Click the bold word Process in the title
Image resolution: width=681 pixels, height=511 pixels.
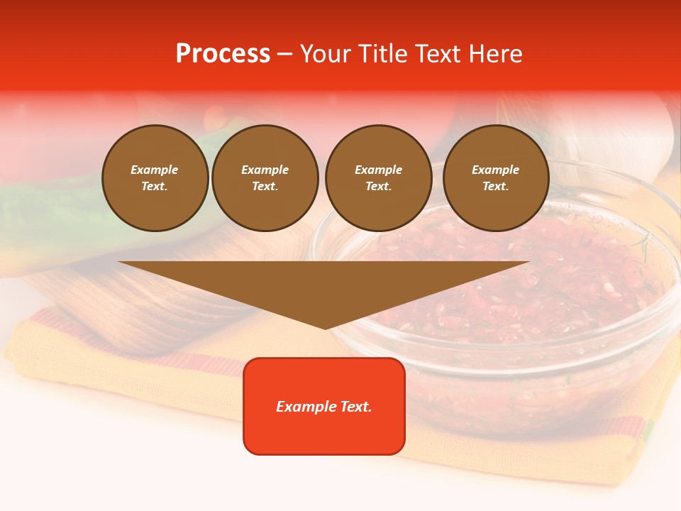pyautogui.click(x=223, y=54)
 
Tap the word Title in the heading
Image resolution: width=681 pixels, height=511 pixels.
pyautogui.click(x=381, y=54)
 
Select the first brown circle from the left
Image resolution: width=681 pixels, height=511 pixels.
pyautogui.click(x=155, y=177)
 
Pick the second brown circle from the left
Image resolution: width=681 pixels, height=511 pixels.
pyautogui.click(x=265, y=177)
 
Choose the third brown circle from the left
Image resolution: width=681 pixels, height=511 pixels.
pyautogui.click(x=378, y=177)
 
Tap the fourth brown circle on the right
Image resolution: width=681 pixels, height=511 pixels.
pyautogui.click(x=496, y=177)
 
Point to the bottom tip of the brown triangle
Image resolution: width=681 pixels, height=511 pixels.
pyautogui.click(x=325, y=328)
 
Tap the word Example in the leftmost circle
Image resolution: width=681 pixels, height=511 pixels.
pyautogui.click(x=155, y=170)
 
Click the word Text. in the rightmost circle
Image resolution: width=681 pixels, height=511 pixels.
pyautogui.click(x=496, y=186)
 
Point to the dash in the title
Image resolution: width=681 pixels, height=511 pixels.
pyautogui.click(x=284, y=54)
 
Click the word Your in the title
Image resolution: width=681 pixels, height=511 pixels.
pyautogui.click(x=325, y=54)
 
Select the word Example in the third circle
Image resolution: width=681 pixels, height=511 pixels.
pyautogui.click(x=378, y=170)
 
